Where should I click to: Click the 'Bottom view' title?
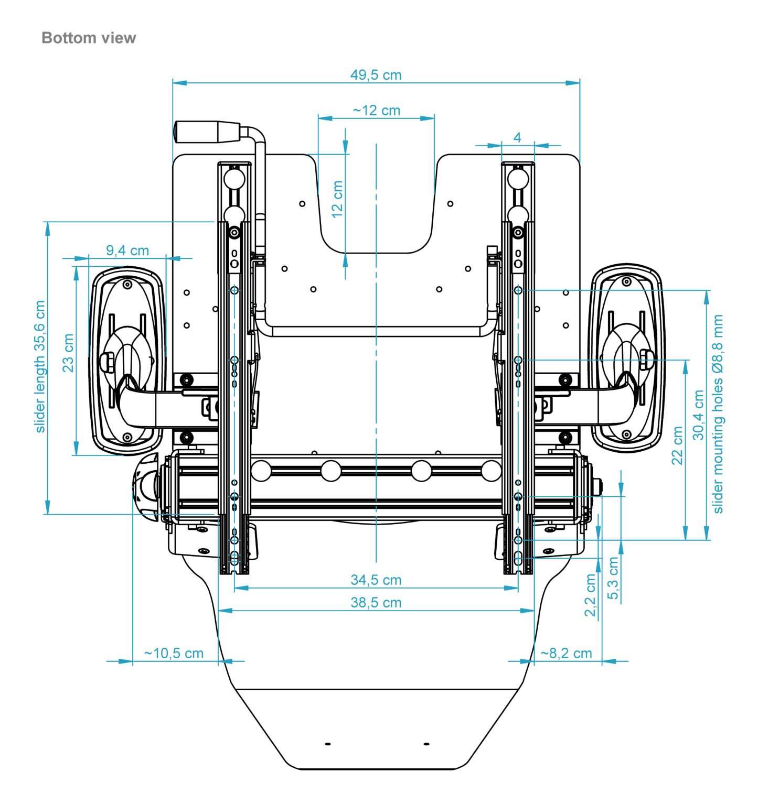pyautogui.click(x=89, y=38)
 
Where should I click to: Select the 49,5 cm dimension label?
pyautogui.click(x=376, y=75)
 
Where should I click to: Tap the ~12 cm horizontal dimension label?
pyautogui.click(x=376, y=111)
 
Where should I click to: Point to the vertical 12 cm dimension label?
pyautogui.click(x=337, y=199)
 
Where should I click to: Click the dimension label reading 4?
pyautogui.click(x=517, y=137)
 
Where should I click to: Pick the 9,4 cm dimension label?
pyautogui.click(x=127, y=251)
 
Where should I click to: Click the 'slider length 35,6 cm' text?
pyautogui.click(x=40, y=367)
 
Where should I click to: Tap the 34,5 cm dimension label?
pyautogui.click(x=376, y=580)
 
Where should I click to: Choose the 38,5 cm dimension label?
pyautogui.click(x=376, y=603)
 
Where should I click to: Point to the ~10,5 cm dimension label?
pyautogui.click(x=174, y=654)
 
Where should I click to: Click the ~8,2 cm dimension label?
pyautogui.click(x=566, y=654)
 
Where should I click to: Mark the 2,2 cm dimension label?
pyautogui.click(x=590, y=595)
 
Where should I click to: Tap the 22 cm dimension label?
pyautogui.click(x=677, y=445)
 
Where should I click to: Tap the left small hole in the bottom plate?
pyautogui.click(x=328, y=744)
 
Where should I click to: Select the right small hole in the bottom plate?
pyautogui.click(x=426, y=744)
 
